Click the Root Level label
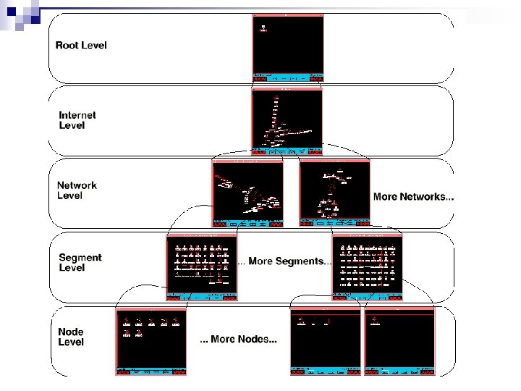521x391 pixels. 81,45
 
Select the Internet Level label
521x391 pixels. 77,120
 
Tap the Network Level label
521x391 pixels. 77,190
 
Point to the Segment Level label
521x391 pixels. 80,262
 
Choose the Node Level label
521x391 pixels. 72,337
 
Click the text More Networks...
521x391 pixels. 413,197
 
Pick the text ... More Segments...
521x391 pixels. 284,261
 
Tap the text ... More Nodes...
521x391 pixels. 238,340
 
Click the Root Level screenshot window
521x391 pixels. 288,46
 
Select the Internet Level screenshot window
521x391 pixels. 287,122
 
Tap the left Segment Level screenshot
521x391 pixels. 201,266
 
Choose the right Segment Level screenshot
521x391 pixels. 366,266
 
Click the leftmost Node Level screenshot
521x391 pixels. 151,341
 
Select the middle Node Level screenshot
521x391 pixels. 325,341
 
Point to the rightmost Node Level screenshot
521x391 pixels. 399,341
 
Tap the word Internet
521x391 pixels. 77,115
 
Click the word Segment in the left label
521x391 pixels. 80,257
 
